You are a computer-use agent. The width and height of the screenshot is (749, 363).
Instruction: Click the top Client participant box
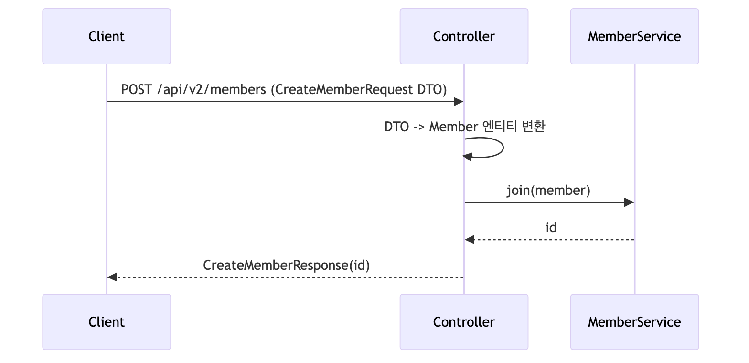pos(107,36)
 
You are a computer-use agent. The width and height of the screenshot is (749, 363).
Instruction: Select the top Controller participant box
pos(464,36)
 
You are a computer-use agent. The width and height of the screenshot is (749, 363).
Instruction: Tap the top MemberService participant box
pos(634,36)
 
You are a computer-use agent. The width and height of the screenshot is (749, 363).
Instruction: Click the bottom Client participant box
pos(107,322)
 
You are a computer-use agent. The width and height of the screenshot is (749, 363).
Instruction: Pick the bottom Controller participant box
pos(464,322)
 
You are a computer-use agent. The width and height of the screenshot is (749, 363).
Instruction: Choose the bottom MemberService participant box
pos(634,322)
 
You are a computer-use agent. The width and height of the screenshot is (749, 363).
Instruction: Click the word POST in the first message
pos(137,90)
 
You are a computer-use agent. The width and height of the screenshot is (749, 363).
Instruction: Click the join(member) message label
pos(548,191)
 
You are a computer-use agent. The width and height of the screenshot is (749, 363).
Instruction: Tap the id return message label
pos(551,228)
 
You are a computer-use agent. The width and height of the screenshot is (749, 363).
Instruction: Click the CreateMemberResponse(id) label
pos(287,265)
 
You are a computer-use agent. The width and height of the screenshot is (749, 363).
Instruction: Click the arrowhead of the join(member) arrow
pos(630,203)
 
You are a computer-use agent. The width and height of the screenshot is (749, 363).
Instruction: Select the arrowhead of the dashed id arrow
pos(470,240)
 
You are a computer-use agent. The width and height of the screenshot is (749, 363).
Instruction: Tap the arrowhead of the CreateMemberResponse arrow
pos(112,277)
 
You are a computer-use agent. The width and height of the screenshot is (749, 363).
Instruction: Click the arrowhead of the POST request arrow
pos(459,102)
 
